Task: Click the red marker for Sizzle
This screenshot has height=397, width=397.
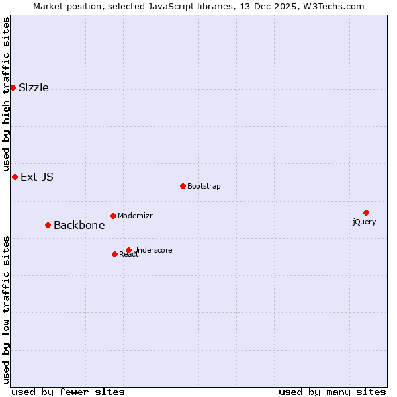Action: pos(13,87)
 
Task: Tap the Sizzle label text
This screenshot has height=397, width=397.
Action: pos(34,88)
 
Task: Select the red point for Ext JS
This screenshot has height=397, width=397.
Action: pos(15,177)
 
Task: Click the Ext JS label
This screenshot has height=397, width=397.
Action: pos(37,177)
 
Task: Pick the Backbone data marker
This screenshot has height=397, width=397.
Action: pos(48,225)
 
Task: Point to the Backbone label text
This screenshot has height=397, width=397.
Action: pos(79,225)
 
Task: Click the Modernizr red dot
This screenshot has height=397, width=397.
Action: pos(113,216)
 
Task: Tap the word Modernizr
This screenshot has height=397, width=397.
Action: pos(136,216)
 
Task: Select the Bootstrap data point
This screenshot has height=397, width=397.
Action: pos(183,186)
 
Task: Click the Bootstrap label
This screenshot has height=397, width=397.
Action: pos(204,187)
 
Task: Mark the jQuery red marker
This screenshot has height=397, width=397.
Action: pos(366,212)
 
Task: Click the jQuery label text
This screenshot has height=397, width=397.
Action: pos(364,222)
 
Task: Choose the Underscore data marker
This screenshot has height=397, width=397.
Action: pos(128,250)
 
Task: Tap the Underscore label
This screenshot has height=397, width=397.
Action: pos(153,251)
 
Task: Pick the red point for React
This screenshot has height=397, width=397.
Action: pos(114,254)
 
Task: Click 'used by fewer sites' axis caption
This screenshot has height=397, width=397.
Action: pos(68,392)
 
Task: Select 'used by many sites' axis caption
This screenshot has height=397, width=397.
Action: pos(332,392)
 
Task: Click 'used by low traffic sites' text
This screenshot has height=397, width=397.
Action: pos(6,309)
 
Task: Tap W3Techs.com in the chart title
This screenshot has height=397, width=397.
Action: pos(333,6)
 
